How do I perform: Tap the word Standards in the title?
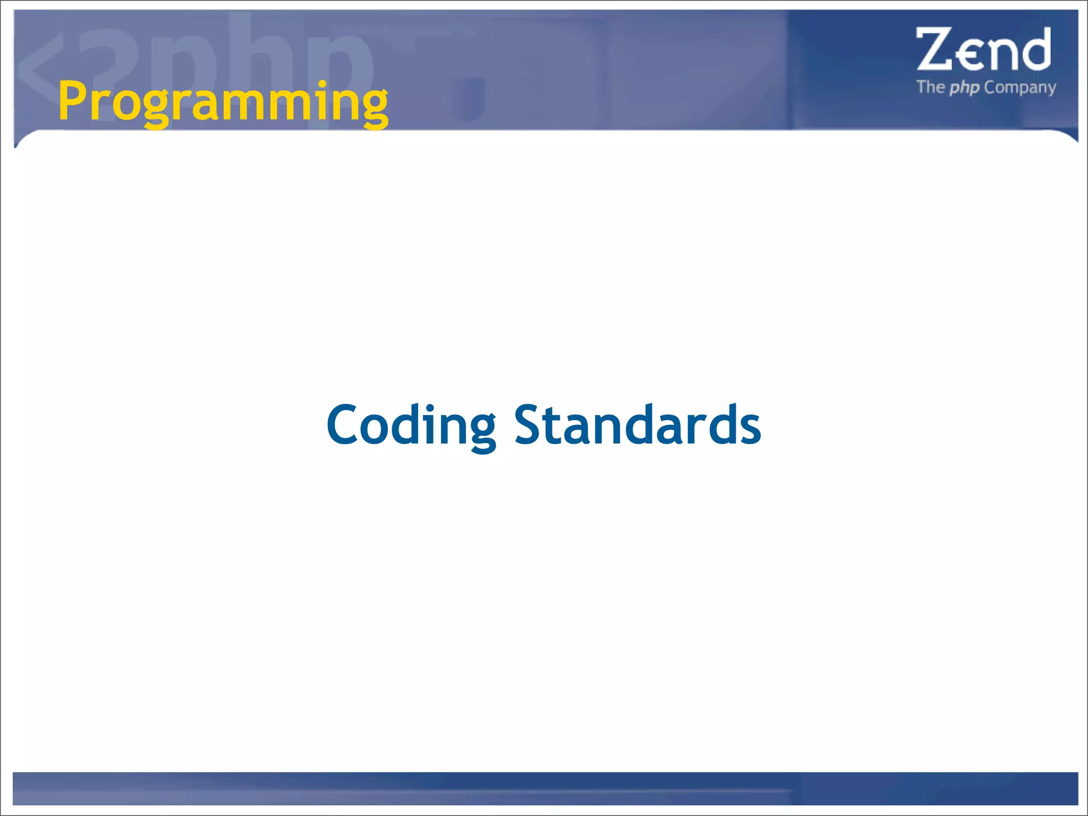click(x=637, y=425)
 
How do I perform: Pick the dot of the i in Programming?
click(x=322, y=85)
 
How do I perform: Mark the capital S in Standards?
click(x=528, y=425)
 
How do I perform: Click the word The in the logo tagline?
click(x=930, y=87)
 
